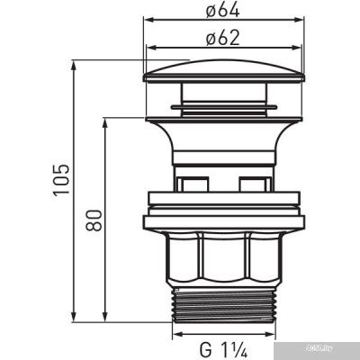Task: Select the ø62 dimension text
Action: [x=219, y=39]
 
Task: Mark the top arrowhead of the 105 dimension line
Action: [x=73, y=65]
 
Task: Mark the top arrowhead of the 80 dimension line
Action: [x=107, y=120]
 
